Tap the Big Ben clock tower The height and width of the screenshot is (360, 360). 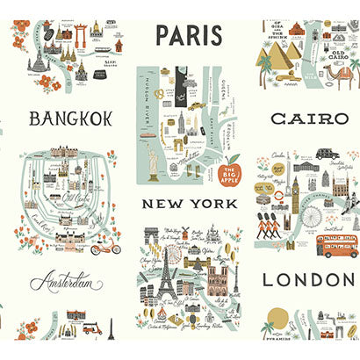pos(296,189)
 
